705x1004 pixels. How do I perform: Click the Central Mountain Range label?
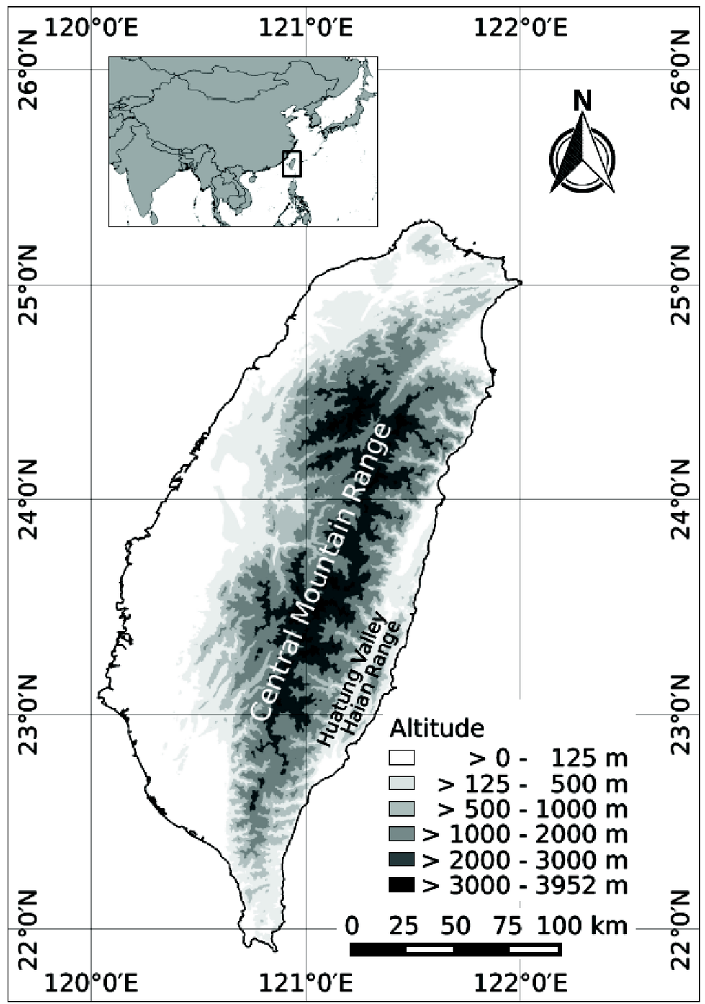(321, 573)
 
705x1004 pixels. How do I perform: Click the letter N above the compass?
(582, 101)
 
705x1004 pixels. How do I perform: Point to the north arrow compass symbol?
(582, 155)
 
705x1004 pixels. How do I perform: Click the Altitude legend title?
(436, 728)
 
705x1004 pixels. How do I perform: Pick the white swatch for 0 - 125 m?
(401, 758)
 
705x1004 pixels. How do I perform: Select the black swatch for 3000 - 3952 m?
(401, 885)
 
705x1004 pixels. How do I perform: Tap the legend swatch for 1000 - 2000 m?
(401, 834)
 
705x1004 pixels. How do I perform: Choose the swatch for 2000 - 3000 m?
(401, 860)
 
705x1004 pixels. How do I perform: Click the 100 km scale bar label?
(582, 925)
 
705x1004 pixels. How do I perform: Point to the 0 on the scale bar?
(352, 925)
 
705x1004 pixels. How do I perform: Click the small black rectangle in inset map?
(292, 163)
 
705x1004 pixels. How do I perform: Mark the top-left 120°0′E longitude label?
(92, 29)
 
